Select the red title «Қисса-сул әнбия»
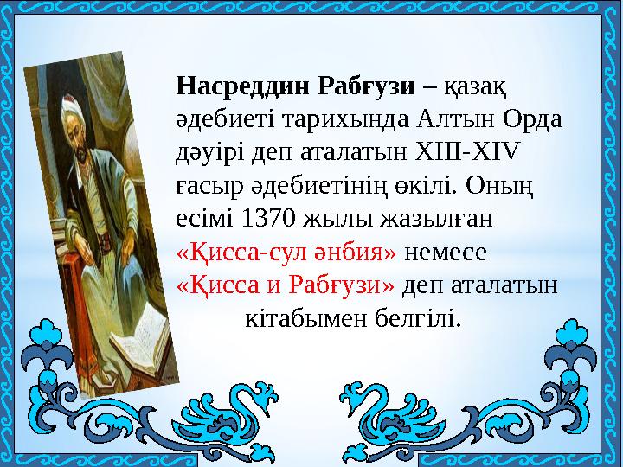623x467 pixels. pos(286,252)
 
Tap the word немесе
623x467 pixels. pos(446,252)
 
